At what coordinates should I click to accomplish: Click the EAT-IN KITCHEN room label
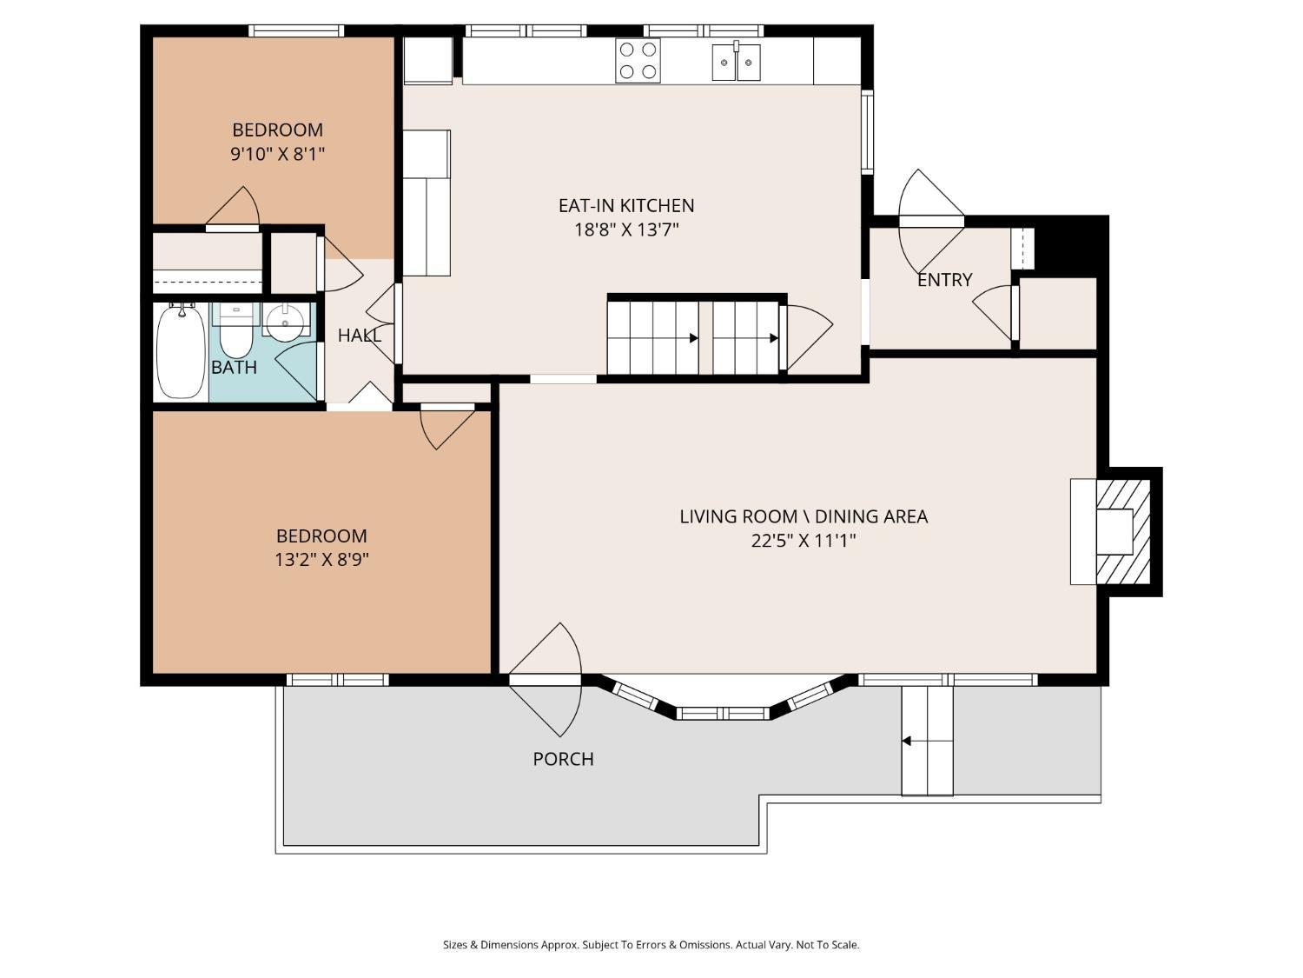625,205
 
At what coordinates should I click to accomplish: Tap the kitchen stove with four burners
638,61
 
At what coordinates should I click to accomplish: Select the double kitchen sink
736,61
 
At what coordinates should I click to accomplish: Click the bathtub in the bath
181,351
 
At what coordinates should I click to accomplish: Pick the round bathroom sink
286,322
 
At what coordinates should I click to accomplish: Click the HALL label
359,336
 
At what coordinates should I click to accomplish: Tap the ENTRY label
944,280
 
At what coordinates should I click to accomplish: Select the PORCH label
563,759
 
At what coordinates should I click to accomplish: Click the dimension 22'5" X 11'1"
804,541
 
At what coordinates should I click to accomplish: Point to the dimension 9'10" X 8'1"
277,155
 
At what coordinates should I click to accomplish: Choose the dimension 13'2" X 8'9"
321,560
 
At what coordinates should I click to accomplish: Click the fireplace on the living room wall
1111,532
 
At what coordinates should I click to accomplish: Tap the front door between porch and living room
545,680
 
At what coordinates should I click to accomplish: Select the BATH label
234,368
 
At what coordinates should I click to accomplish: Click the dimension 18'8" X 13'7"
625,230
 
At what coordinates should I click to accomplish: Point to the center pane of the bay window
723,713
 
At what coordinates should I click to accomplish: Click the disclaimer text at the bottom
651,945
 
